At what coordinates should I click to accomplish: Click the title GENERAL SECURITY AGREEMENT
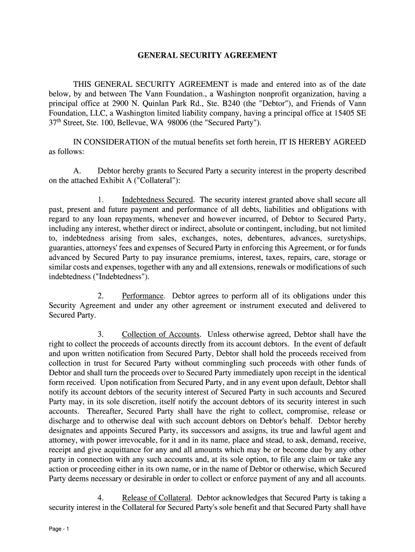(x=207, y=56)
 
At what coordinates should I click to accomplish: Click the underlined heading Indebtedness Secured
(x=157, y=199)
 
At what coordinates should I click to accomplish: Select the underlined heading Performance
(x=143, y=296)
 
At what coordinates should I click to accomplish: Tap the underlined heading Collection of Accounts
(x=161, y=334)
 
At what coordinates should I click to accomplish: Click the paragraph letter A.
(x=77, y=171)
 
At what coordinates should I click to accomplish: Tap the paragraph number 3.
(x=101, y=334)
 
